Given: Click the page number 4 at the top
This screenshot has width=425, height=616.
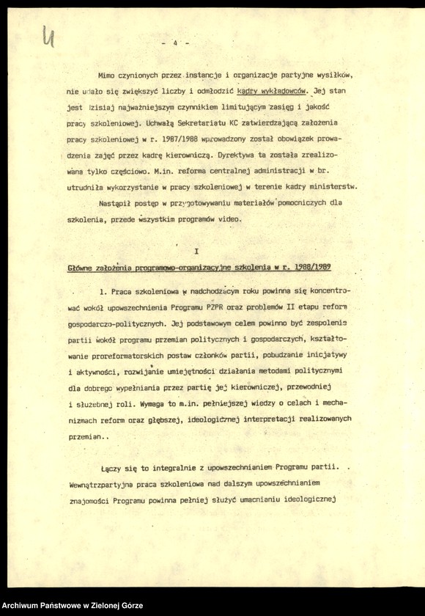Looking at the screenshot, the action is (176, 43).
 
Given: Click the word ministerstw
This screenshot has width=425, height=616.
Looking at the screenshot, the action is (333, 188).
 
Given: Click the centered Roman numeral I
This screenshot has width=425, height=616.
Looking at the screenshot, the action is (197, 252).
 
